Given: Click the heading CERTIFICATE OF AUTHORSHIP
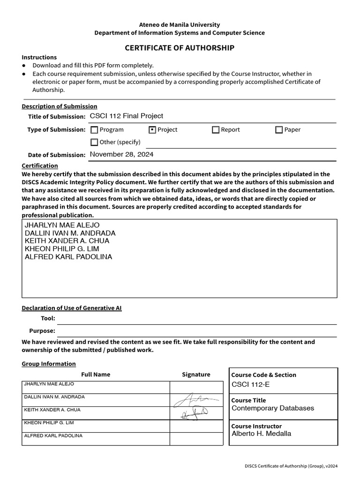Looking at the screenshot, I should click(180, 48).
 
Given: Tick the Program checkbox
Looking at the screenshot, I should click(94, 130).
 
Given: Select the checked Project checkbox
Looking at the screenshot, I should click(152, 130).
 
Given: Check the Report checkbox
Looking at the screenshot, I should click(216, 130).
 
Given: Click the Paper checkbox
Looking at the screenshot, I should click(279, 130).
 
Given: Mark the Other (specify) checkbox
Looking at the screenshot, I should click(94, 142).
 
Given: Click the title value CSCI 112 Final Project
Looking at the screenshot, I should click(127, 116).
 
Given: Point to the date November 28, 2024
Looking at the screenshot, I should click(121, 154).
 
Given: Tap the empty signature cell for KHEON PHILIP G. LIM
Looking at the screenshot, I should click(196, 426).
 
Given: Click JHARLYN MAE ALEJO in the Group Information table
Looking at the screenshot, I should click(49, 384).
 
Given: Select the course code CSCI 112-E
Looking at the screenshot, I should click(251, 385).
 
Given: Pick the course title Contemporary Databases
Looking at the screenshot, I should click(273, 408).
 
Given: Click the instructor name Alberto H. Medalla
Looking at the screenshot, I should click(261, 434).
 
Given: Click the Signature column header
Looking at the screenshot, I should click(196, 375).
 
